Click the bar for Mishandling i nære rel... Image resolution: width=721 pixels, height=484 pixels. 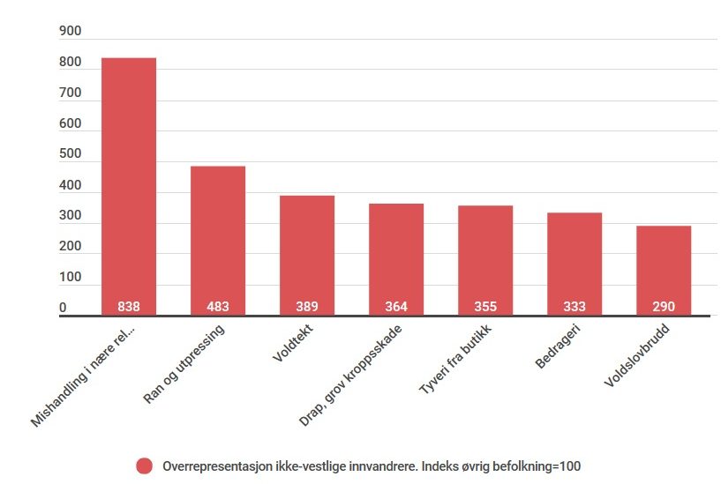pos(129,185)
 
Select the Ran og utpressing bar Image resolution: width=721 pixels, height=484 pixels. pos(218,238)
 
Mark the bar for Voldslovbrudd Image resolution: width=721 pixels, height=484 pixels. pos(664,269)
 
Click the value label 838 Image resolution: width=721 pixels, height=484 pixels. pos(129,307)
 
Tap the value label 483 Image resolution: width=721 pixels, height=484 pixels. pos(218,307)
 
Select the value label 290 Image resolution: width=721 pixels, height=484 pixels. pos(664,307)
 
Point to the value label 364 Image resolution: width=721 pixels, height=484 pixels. pos(396,307)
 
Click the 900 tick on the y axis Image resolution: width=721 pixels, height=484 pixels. pos(70,32)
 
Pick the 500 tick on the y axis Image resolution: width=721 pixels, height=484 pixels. pos(70,154)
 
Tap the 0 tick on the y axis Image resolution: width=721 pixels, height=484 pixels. pos(63,308)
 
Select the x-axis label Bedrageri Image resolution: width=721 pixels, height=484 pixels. pos(557,349)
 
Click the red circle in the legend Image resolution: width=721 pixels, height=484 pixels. pos(144,465)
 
